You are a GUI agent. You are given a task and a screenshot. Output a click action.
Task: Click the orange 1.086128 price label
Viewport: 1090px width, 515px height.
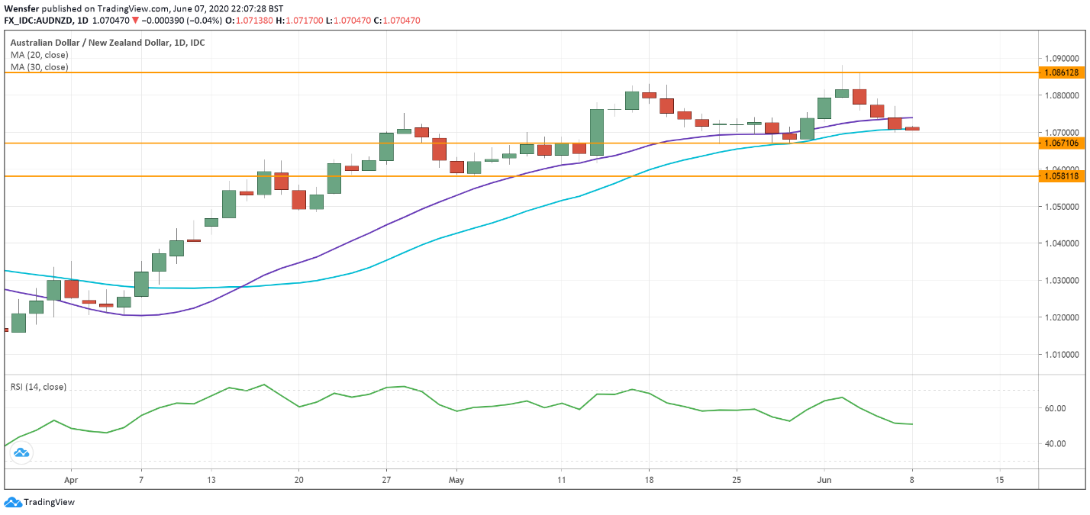1061,72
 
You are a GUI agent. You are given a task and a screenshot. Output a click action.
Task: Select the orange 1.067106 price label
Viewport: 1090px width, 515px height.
1061,143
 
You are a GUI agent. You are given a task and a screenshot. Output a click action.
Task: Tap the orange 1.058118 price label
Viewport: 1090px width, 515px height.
1061,176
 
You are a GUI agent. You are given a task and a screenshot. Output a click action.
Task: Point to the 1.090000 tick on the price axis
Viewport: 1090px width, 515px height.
1061,58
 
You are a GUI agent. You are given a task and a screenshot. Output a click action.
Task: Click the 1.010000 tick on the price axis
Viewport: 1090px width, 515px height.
1061,354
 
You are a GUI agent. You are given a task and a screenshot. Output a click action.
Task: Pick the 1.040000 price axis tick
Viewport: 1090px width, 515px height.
1061,243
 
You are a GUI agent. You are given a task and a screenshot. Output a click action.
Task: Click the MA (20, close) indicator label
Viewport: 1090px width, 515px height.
39,55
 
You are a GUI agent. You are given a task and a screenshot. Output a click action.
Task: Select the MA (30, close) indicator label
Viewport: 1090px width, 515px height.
39,67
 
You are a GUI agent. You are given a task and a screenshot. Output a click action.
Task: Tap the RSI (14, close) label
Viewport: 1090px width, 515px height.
38,387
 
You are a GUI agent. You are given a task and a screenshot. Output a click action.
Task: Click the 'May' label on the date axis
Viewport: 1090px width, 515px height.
456,481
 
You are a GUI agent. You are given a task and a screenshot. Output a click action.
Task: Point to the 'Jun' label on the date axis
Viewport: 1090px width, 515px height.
824,481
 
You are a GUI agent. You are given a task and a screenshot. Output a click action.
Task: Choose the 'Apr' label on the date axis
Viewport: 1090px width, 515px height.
71,481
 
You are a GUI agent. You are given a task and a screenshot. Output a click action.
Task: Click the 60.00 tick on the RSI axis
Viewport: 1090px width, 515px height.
1056,408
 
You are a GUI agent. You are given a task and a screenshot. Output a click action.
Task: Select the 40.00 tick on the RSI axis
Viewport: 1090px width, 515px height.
1056,443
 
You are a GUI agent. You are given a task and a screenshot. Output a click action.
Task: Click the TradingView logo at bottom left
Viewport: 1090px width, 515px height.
40,502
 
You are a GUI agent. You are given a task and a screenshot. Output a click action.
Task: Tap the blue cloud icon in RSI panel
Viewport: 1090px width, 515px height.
21,453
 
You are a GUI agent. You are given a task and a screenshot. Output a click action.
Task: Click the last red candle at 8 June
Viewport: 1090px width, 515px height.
912,128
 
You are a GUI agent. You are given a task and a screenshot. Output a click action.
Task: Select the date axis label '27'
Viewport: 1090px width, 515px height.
386,481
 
